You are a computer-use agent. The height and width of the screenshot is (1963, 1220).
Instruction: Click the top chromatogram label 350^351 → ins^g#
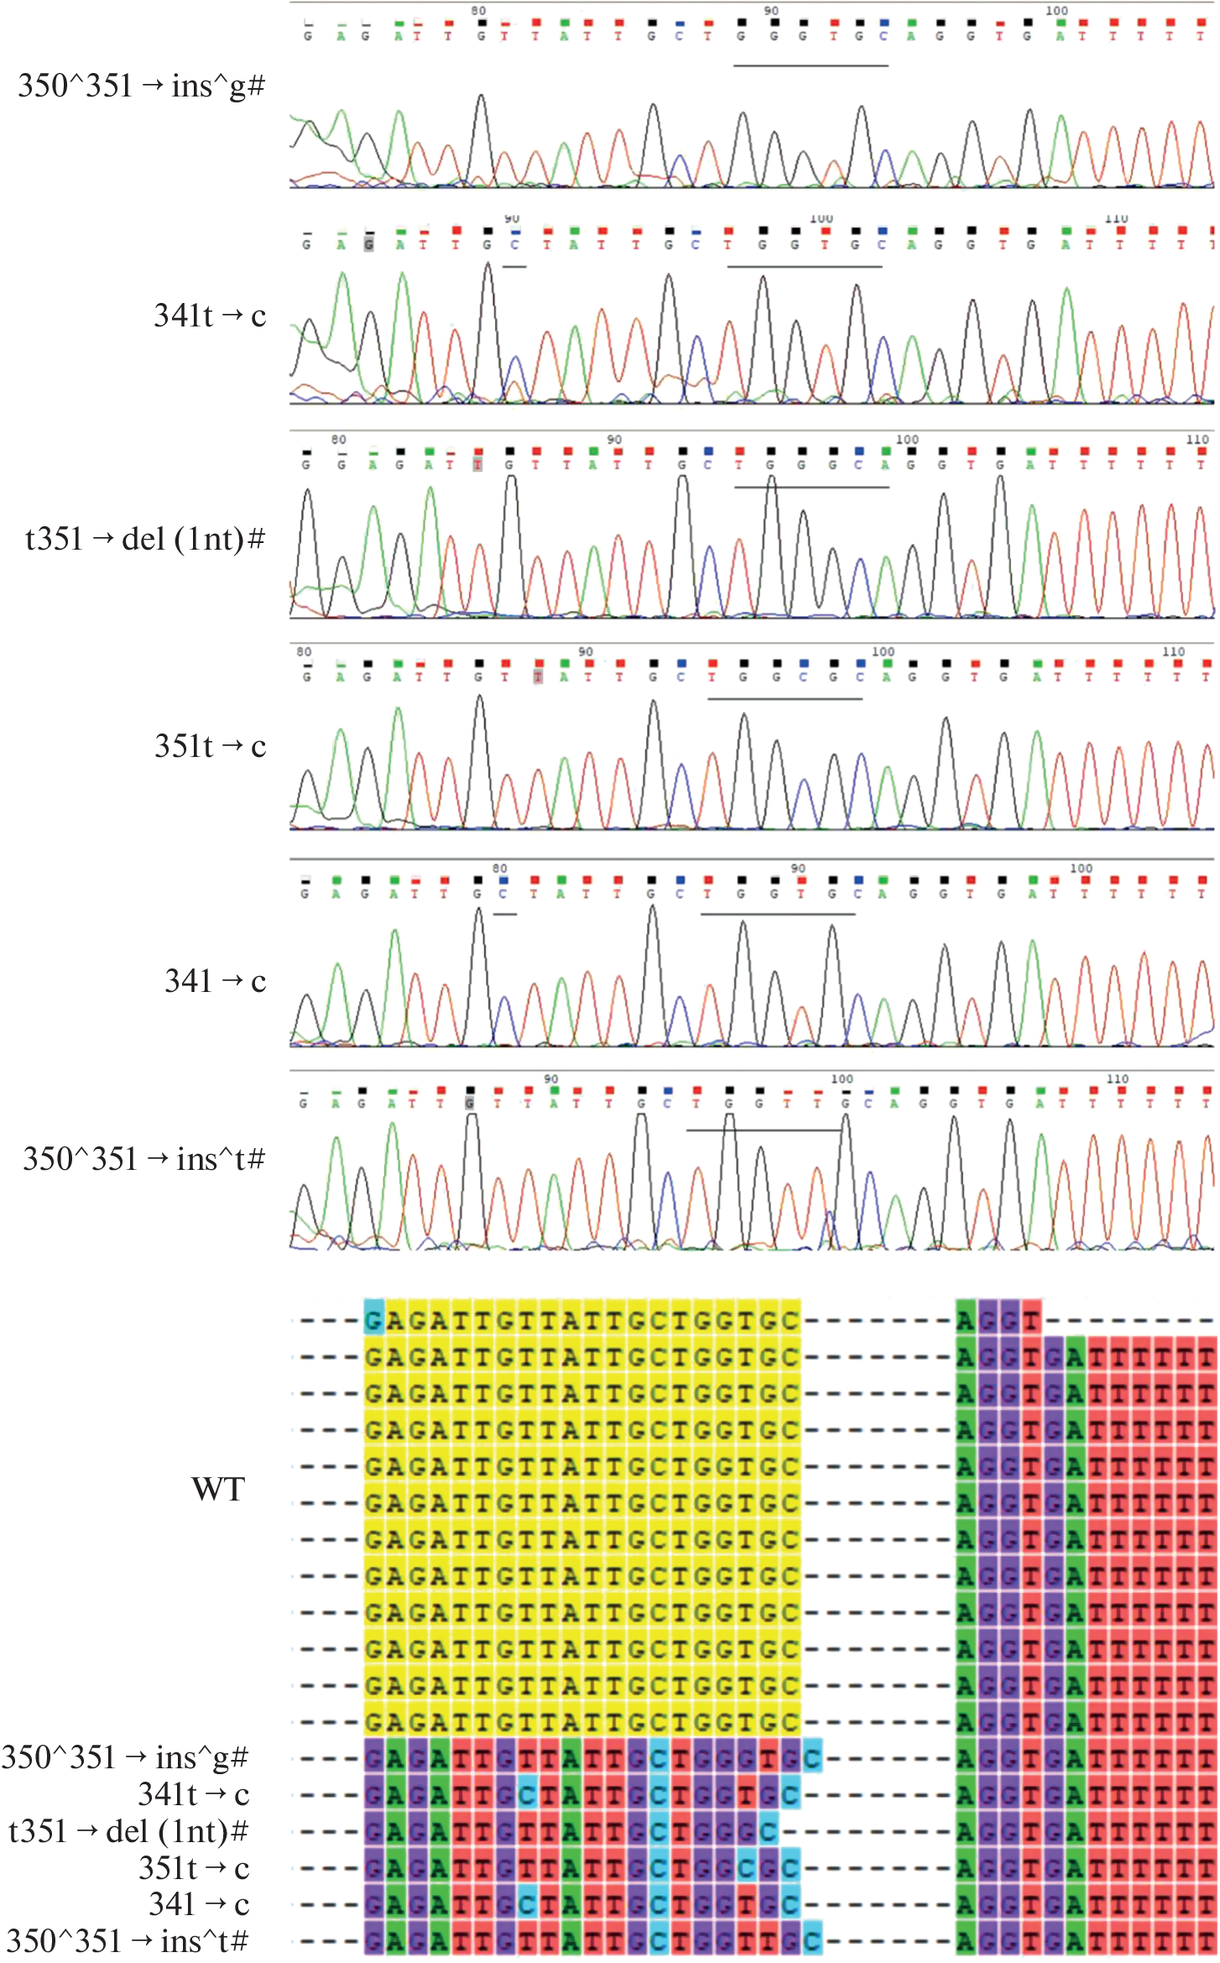point(141,86)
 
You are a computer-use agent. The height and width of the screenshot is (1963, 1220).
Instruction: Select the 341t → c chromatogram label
point(210,316)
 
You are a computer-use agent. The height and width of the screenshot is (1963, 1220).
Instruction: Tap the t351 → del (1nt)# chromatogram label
point(144,539)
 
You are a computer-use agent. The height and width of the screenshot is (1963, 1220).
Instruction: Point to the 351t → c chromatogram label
point(210,746)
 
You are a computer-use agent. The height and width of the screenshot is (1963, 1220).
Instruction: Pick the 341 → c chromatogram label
point(215,980)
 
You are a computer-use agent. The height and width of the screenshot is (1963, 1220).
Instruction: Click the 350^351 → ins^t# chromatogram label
point(143,1159)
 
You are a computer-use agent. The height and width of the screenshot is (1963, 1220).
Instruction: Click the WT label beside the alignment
point(218,1489)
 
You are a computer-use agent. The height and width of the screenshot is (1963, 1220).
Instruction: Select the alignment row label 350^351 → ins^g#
point(125,1757)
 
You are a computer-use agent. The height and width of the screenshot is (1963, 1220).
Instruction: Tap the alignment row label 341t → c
point(194,1794)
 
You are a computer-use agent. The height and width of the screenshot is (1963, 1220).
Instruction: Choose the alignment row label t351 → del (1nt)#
point(128,1831)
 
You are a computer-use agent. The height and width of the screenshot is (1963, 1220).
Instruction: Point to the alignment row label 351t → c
point(194,1868)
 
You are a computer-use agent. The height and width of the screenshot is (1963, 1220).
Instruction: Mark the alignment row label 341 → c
point(199,1904)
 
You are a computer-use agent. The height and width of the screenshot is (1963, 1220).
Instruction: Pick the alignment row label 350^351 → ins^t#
point(127,1941)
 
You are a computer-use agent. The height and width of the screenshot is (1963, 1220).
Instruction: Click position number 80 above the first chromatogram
point(478,11)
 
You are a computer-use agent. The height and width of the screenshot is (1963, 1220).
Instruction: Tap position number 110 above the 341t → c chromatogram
point(1116,218)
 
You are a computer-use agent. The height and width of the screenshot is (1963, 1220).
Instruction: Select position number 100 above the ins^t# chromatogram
point(842,1078)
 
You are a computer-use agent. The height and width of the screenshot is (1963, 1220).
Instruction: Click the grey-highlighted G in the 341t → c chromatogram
point(368,244)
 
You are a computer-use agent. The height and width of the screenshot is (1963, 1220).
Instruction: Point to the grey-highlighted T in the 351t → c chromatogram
point(538,676)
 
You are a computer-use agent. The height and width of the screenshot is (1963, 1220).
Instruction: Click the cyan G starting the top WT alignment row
point(373,1321)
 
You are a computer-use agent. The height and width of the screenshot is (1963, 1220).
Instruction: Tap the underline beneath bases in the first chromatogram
point(811,65)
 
